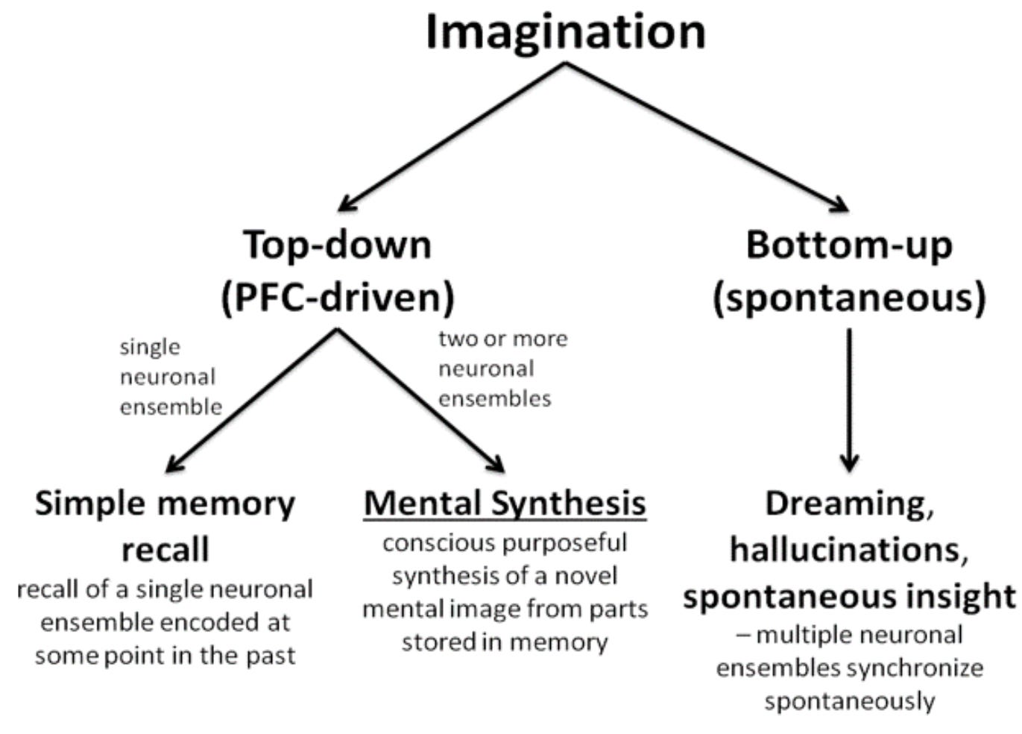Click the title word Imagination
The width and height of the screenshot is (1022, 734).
coord(565,31)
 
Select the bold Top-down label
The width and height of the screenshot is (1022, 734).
coord(338,245)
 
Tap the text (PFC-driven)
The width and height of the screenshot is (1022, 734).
coord(338,297)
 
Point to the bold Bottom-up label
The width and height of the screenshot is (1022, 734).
coord(849,245)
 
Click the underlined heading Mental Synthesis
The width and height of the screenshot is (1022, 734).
coord(505,503)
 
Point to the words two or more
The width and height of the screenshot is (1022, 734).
coord(503,339)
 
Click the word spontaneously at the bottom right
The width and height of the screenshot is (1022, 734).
coord(849,701)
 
